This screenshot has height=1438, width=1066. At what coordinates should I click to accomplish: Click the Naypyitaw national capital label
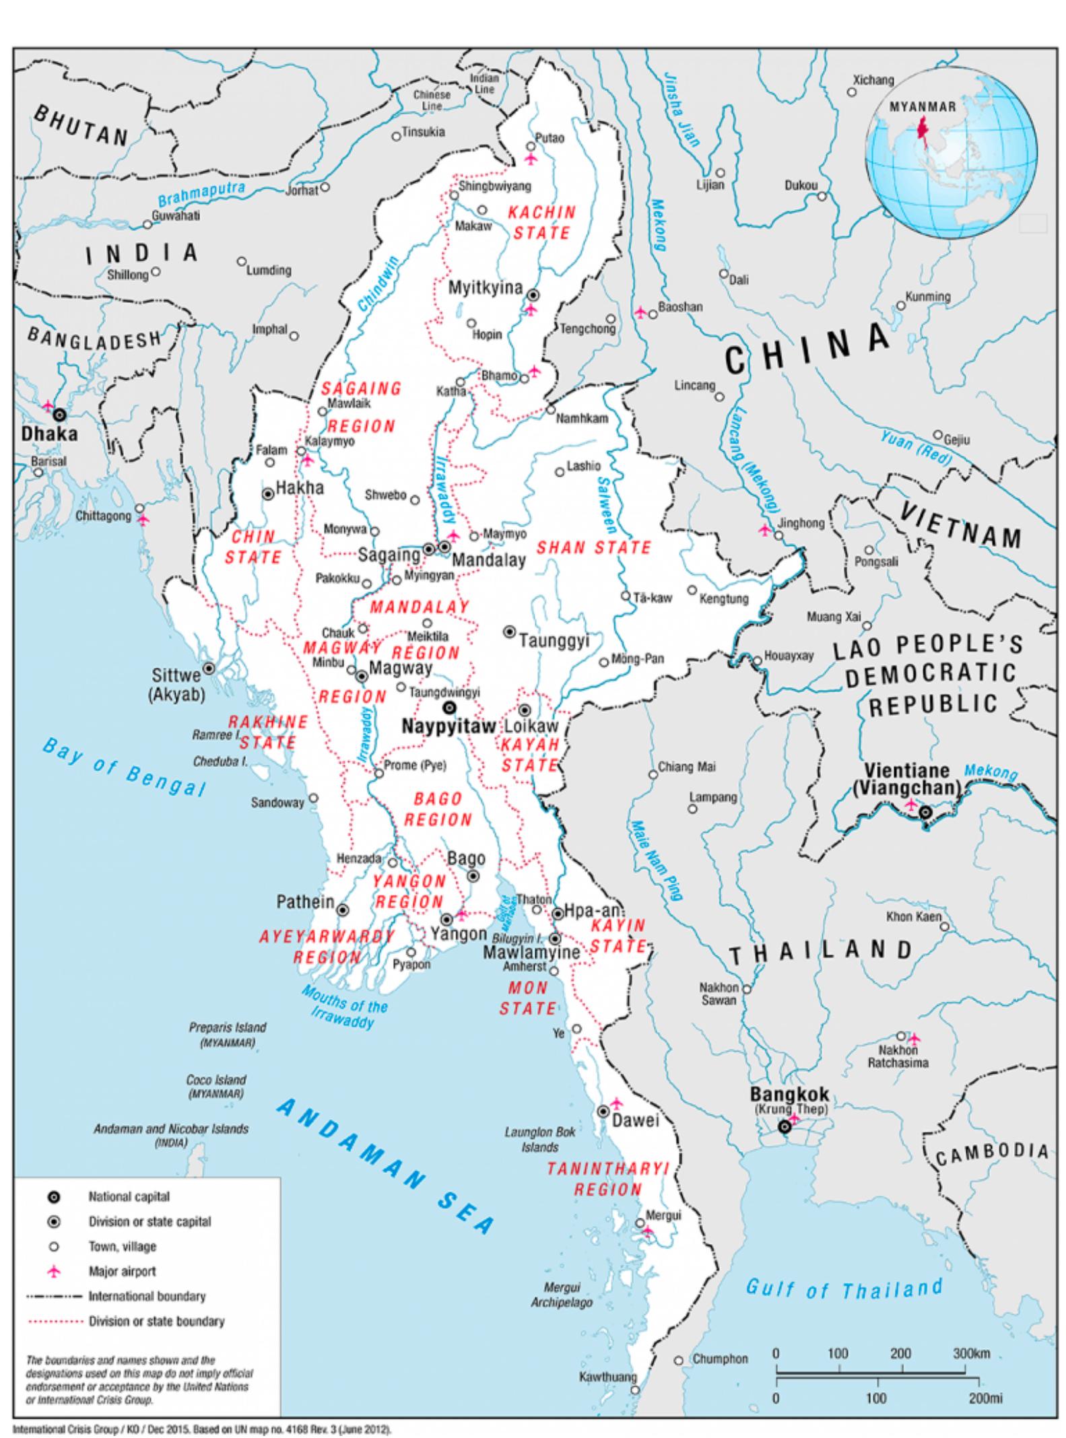[x=448, y=726]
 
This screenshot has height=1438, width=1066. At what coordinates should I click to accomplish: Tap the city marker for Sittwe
[x=209, y=669]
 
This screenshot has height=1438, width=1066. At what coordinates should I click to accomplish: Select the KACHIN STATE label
[x=541, y=223]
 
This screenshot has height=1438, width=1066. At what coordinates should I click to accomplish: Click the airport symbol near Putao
[x=531, y=159]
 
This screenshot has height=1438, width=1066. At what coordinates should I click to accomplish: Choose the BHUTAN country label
[x=81, y=126]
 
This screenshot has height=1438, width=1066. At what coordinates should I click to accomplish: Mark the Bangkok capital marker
[x=784, y=1127]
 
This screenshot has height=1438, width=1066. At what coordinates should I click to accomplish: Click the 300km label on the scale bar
[x=970, y=1353]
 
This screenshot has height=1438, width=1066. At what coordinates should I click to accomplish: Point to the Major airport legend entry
[x=122, y=1272]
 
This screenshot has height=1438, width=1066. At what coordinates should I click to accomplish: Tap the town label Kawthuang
[x=607, y=1377]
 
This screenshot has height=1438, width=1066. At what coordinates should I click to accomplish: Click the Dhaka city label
[x=49, y=434]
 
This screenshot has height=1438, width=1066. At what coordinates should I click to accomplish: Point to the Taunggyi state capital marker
[x=510, y=631]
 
